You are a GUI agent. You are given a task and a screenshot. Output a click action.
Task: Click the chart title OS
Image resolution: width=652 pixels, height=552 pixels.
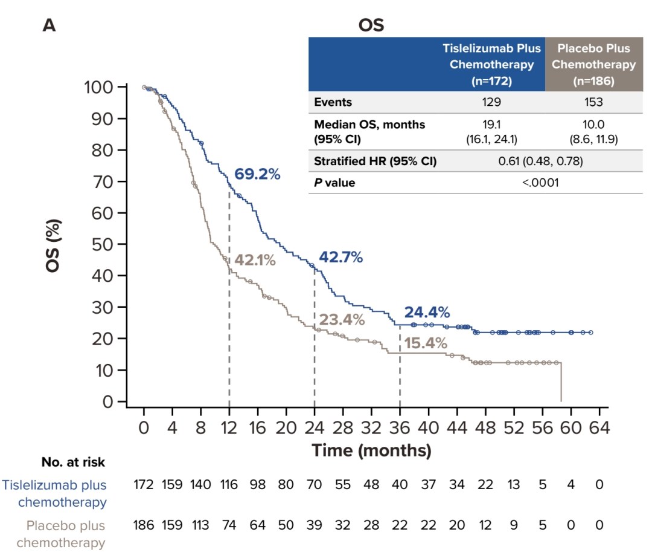point(371,25)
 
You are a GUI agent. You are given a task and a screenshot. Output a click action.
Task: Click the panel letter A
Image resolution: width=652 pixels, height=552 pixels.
point(49,25)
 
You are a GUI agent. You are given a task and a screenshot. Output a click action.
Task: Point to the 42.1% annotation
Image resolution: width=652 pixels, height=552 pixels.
point(255,261)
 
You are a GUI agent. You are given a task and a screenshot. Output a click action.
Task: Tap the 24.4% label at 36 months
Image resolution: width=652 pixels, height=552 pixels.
point(427,313)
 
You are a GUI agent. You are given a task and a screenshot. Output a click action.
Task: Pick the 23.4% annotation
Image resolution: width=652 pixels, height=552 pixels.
point(342,319)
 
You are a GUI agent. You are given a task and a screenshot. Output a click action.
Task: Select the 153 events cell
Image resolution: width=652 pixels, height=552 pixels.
point(593,102)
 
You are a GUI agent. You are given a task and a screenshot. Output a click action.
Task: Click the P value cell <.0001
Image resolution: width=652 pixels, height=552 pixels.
point(541,182)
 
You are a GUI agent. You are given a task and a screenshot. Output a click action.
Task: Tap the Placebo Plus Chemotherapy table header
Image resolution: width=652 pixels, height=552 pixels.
point(594,64)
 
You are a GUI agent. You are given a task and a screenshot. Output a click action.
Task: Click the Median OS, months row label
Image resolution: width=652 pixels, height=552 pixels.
point(369,125)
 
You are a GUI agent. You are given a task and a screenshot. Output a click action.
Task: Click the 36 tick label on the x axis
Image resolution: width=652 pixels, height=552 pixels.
point(400,428)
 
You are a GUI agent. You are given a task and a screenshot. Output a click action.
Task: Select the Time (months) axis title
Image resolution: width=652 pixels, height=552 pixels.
point(371,450)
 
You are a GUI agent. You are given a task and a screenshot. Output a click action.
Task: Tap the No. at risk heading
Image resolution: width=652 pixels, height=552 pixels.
point(73,463)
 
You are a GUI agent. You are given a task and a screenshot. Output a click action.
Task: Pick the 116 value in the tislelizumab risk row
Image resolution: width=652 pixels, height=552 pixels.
point(229,485)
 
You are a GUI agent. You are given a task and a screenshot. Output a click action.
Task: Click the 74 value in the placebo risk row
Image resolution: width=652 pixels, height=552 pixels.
point(229,525)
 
